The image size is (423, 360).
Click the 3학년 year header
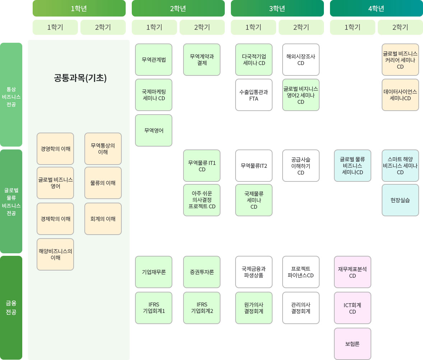tap(277, 8)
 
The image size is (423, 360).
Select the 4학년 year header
tap(376, 8)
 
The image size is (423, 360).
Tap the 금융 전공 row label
tap(11, 308)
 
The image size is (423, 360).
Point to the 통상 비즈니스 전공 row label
tap(11, 94)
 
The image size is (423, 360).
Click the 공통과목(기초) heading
tap(80, 78)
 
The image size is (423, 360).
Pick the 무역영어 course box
tap(154, 130)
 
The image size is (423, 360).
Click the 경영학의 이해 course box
tap(55, 149)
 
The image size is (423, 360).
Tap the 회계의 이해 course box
tap(103, 219)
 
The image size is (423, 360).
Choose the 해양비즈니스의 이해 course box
tap(55, 254)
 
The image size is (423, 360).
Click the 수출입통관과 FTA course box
tap(254, 95)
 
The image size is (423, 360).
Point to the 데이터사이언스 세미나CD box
tap(400, 95)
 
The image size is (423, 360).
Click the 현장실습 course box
tap(400, 200)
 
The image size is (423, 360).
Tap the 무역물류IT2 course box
tap(254, 166)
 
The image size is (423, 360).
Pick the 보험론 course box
tap(353, 343)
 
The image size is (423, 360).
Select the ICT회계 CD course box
tap(353, 308)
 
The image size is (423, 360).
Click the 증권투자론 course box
tap(202, 272)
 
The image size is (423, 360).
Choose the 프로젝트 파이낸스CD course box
tap(301, 272)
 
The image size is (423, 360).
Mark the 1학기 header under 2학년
tap(154, 27)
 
